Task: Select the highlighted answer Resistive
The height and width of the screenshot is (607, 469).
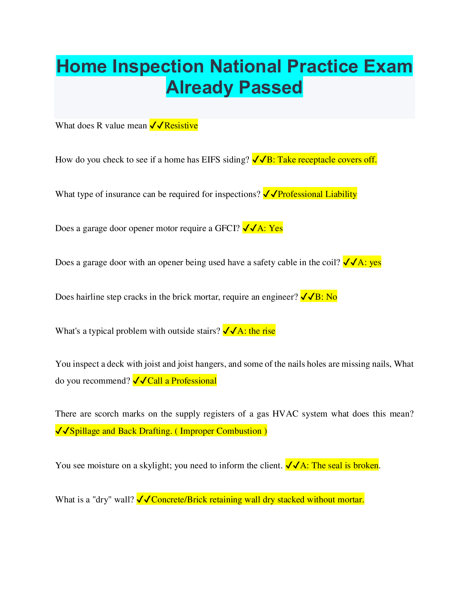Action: pyautogui.click(x=181, y=126)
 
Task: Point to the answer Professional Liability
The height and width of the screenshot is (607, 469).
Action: pyautogui.click(x=317, y=194)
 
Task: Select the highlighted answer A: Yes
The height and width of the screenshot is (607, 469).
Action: pyautogui.click(x=270, y=228)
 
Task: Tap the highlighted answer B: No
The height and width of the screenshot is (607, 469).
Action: pyautogui.click(x=326, y=297)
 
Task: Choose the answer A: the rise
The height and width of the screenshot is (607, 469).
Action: pyautogui.click(x=256, y=331)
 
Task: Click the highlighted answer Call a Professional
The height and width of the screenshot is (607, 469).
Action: pyautogui.click(x=182, y=381)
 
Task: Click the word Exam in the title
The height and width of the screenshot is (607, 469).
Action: pyautogui.click(x=388, y=66)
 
